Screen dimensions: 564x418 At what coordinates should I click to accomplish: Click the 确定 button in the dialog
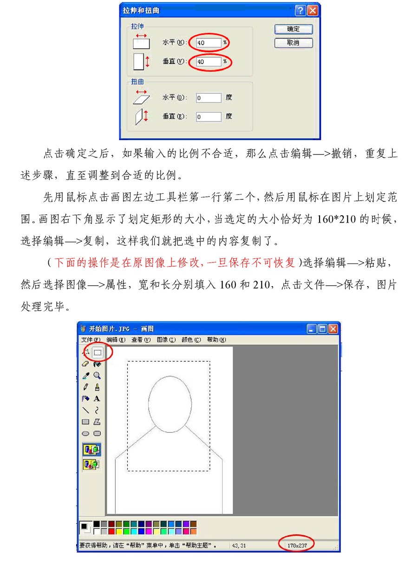[293, 29]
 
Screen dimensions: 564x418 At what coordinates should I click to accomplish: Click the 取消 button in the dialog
[293, 43]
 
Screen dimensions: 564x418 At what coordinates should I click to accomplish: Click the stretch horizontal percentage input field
[209, 42]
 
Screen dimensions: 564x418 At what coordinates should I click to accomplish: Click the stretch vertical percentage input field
[209, 61]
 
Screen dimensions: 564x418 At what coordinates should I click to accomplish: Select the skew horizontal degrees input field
[209, 98]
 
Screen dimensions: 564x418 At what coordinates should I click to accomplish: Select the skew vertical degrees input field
[209, 117]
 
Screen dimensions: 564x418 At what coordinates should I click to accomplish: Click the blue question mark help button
[300, 10]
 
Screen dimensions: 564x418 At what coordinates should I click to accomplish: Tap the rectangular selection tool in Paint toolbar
[98, 352]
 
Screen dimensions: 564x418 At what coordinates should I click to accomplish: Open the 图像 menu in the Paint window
[166, 340]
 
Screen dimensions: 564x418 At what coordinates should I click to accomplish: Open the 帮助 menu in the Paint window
[216, 340]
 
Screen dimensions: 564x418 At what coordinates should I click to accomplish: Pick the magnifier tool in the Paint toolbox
[97, 375]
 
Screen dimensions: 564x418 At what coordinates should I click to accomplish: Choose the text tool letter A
[97, 398]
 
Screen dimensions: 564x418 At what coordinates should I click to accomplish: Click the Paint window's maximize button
[322, 329]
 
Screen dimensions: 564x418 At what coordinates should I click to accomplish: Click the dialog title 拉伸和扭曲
[141, 10]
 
